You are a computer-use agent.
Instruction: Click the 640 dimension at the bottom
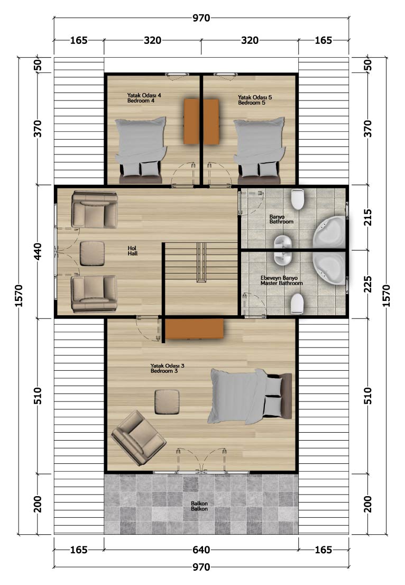click(201, 550)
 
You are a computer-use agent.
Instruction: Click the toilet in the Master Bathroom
click(297, 303)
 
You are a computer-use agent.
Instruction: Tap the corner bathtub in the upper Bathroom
click(329, 232)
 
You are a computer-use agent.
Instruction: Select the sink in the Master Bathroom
click(284, 258)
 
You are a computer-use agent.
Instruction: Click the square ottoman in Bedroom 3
click(167, 402)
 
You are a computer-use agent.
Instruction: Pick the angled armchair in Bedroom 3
click(139, 437)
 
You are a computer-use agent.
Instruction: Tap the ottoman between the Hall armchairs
click(93, 253)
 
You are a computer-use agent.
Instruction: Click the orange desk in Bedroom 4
click(191, 121)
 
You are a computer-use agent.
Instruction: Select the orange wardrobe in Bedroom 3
click(194, 328)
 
